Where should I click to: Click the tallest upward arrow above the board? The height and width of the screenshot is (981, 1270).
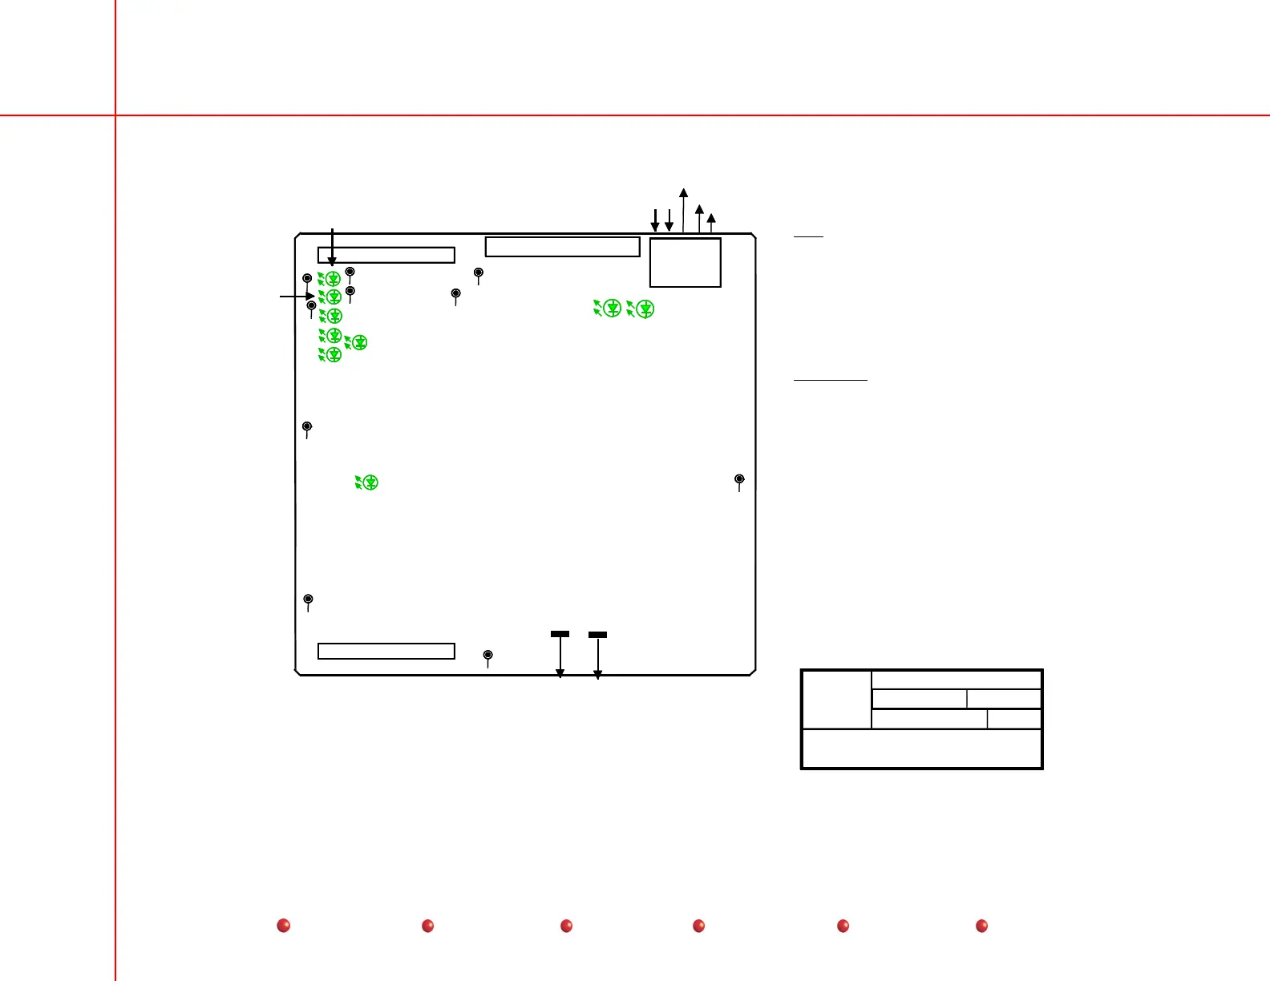(x=683, y=210)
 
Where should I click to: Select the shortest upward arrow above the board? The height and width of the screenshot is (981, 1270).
(x=711, y=223)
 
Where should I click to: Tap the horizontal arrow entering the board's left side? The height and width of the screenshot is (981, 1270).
(x=297, y=297)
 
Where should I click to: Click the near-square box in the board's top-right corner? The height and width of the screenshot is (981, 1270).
(x=686, y=262)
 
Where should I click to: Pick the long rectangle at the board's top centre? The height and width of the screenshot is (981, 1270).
(x=562, y=247)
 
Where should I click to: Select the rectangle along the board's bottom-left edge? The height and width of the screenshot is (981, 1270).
(x=386, y=651)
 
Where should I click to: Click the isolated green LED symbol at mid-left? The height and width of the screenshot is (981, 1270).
(x=369, y=482)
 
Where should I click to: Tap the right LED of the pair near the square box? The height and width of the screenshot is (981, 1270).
(x=644, y=309)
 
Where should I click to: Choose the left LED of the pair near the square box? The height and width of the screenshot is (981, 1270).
(x=611, y=308)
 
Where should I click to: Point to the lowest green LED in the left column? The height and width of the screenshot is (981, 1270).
(x=333, y=354)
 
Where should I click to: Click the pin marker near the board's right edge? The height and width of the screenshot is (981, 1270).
(x=739, y=479)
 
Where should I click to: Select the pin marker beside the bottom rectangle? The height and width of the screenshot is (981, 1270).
(x=487, y=656)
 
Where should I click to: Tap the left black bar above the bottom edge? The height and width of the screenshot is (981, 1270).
(x=560, y=634)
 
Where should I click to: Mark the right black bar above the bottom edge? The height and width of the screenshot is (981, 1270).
(x=597, y=635)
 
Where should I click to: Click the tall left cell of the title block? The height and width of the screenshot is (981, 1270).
(x=836, y=699)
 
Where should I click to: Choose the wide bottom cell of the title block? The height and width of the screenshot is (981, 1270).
(x=922, y=749)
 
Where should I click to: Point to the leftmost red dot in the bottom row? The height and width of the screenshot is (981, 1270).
(x=283, y=926)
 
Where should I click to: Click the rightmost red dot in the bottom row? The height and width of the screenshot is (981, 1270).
(x=981, y=926)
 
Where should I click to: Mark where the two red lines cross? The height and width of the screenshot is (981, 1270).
(x=115, y=115)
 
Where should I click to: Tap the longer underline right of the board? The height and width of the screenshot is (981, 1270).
(x=831, y=380)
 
